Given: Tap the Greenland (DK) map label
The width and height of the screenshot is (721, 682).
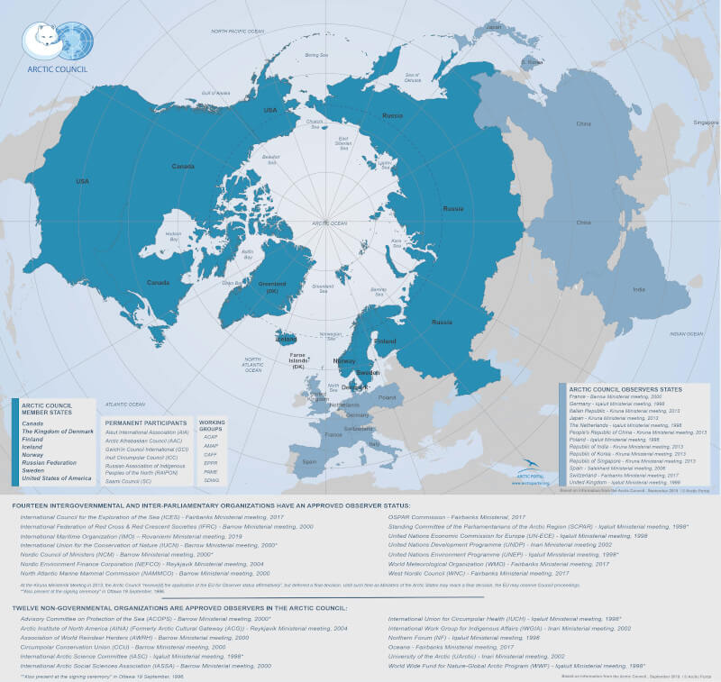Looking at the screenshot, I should [271, 286].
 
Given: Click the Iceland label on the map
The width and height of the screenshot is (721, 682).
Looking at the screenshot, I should [286, 340].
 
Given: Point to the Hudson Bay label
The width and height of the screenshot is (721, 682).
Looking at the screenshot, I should [174, 237].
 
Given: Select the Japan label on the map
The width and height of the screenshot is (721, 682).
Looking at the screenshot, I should [493, 27].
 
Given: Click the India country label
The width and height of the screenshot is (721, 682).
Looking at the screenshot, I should [638, 289].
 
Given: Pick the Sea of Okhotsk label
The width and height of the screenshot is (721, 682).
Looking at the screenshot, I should [413, 77].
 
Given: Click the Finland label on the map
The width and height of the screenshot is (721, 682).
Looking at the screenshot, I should [385, 341].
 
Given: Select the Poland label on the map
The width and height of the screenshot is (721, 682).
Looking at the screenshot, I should [387, 396].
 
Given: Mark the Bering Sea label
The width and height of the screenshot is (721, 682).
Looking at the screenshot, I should [316, 56].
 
